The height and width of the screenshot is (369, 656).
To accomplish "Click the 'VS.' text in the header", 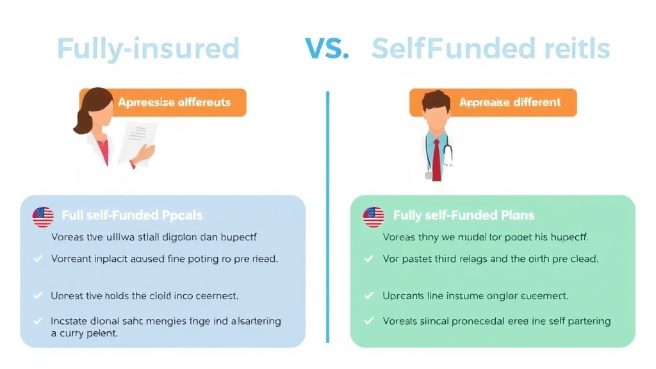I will point(327,49).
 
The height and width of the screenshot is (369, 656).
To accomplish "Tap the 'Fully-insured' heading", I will point(148,49).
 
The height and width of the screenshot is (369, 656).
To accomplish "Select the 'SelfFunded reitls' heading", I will point(490,49).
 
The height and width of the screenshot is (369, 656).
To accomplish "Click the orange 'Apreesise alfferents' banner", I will point(174,102).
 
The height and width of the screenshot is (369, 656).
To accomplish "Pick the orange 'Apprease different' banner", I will point(510,102).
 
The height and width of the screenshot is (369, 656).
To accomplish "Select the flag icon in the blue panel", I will point(43,217).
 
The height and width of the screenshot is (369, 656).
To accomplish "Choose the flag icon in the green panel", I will point(373,217).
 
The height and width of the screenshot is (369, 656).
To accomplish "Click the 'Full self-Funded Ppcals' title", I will point(132,215).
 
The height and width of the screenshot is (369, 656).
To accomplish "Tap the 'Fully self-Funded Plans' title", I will point(464,215).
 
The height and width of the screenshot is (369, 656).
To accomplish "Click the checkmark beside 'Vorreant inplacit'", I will point(37,259).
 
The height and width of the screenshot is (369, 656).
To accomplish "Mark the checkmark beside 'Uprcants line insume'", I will point(368,296).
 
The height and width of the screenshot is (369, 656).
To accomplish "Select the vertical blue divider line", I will point(327,218).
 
